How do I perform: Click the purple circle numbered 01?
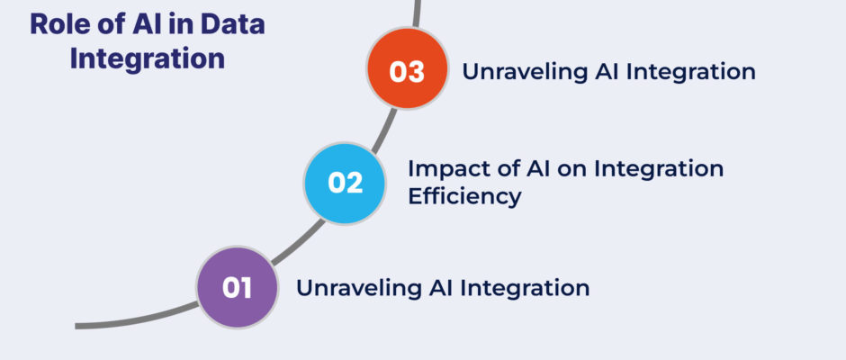(238, 287)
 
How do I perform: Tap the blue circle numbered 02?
(345, 183)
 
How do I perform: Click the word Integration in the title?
(148, 58)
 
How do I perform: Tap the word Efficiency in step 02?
(464, 196)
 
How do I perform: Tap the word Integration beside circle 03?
(692, 72)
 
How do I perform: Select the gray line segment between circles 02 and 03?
(384, 130)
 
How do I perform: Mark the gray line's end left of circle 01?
(76, 327)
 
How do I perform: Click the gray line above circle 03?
(417, 13)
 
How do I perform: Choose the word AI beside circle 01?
(443, 288)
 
